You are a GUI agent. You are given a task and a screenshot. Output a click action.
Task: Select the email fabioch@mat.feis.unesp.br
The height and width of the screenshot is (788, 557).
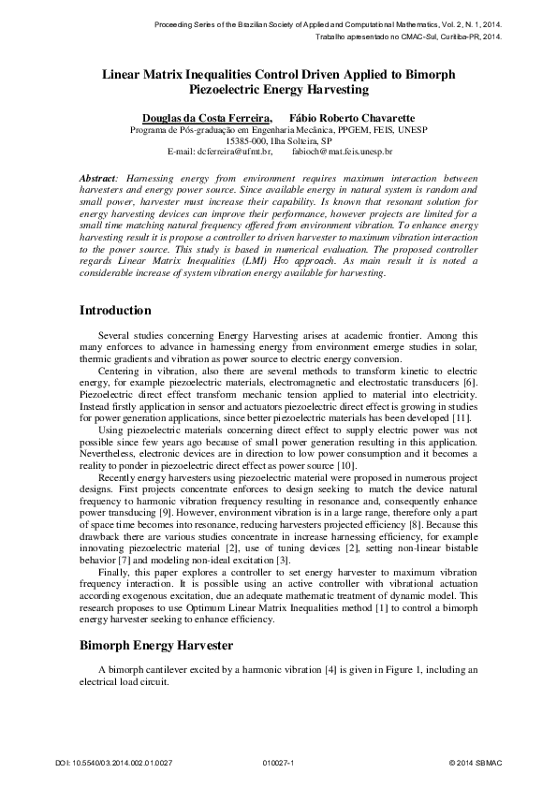[342, 150]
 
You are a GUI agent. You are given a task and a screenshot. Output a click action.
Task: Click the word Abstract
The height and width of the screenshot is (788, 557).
[96, 178]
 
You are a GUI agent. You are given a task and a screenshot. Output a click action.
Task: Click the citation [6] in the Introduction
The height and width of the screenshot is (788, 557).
[471, 383]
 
